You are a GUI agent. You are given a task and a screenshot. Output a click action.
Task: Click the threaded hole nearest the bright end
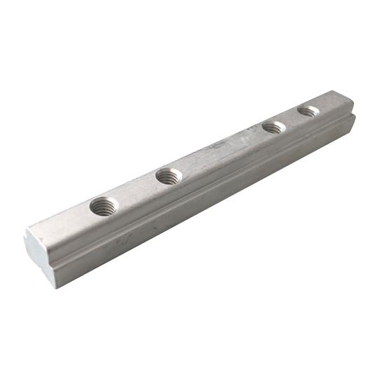click(x=104, y=206)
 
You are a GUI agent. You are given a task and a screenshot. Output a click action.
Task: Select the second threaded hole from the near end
click(x=169, y=176)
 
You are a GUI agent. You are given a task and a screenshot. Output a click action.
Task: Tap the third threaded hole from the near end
click(x=274, y=128)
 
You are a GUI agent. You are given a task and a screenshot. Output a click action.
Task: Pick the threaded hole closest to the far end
click(x=308, y=111)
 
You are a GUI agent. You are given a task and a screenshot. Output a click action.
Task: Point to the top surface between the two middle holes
click(x=221, y=151)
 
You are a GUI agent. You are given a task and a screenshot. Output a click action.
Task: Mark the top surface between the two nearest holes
click(x=137, y=191)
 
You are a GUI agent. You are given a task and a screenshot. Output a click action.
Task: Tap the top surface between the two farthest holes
click(x=291, y=119)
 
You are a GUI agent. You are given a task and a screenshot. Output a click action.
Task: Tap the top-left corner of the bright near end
click(x=26, y=231)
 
